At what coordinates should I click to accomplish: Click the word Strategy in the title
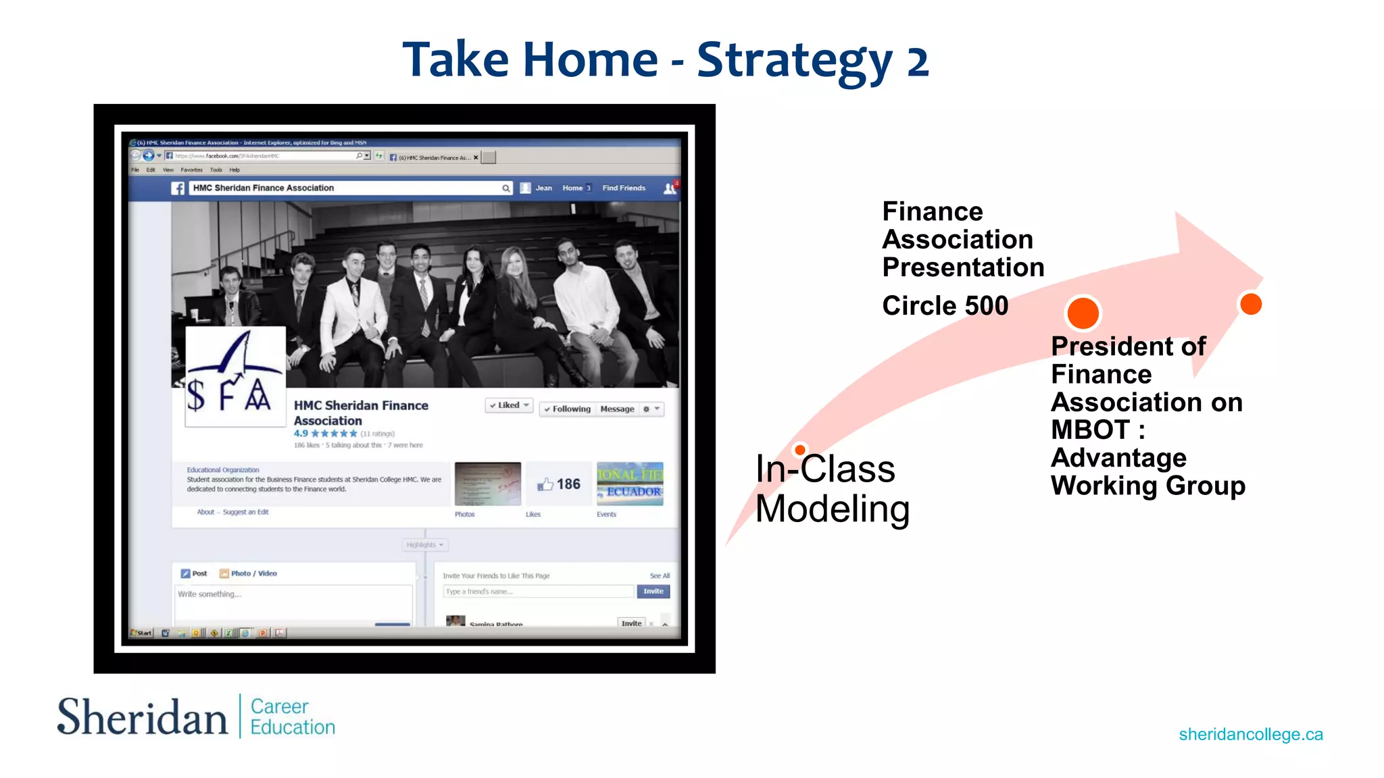click(x=795, y=61)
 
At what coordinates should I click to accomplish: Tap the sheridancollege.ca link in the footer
click(x=1251, y=734)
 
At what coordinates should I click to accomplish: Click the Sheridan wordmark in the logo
click(x=143, y=717)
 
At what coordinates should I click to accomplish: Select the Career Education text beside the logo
click(x=292, y=717)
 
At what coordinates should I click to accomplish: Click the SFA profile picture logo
click(x=235, y=376)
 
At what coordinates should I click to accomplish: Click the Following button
click(x=567, y=409)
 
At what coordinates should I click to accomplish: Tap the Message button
click(x=617, y=409)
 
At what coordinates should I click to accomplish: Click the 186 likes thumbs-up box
click(x=559, y=484)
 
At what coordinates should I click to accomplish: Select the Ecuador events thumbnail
click(x=630, y=484)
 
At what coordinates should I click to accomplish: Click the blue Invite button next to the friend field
click(x=653, y=592)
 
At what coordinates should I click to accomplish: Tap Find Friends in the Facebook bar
click(x=623, y=188)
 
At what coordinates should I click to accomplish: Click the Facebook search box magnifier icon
click(x=505, y=188)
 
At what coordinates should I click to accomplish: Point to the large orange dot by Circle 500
click(x=1083, y=313)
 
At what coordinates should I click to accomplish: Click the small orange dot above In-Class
click(x=800, y=450)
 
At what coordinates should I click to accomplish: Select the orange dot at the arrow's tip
click(x=1251, y=304)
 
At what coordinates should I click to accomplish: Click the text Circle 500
click(x=945, y=306)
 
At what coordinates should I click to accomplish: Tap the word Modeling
click(x=832, y=509)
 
